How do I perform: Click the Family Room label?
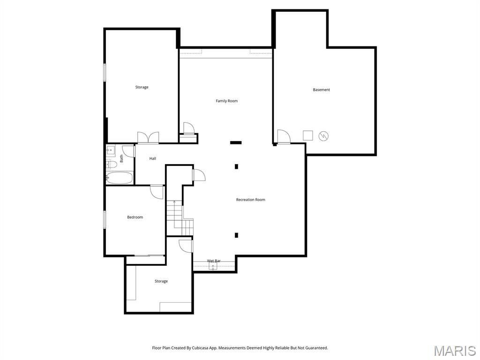(226, 101)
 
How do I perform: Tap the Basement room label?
(321, 90)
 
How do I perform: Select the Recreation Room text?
(250, 200)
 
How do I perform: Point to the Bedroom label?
(135, 217)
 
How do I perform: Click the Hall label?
(153, 158)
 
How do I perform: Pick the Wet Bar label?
(214, 261)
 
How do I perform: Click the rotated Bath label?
(121, 158)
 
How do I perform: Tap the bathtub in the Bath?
(119, 178)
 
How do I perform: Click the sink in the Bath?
(111, 151)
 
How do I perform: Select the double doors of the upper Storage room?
(148, 137)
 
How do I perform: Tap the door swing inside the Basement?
(283, 136)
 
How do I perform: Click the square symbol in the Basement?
(307, 135)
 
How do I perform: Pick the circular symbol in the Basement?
(323, 136)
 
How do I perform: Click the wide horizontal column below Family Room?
(236, 142)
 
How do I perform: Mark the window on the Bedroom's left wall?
(105, 219)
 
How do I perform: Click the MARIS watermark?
(455, 351)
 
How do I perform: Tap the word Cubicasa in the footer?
(202, 348)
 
